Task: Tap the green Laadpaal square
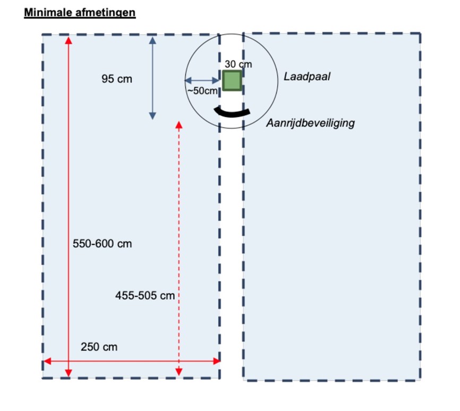coord(232,81)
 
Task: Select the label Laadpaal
coord(307,76)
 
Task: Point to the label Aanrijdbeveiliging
coord(310,123)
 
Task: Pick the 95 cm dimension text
coord(117,79)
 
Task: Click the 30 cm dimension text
coord(238,64)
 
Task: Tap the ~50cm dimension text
coord(203,91)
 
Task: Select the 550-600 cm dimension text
coord(102,244)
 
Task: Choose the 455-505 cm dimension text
coord(145,296)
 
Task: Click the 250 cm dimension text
coord(99,347)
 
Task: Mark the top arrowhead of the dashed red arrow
coord(178,125)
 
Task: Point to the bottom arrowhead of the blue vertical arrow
coord(152,115)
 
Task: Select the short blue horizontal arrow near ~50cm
coord(202,81)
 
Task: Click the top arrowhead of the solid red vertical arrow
coord(68,40)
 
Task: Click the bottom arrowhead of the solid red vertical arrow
coord(68,372)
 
